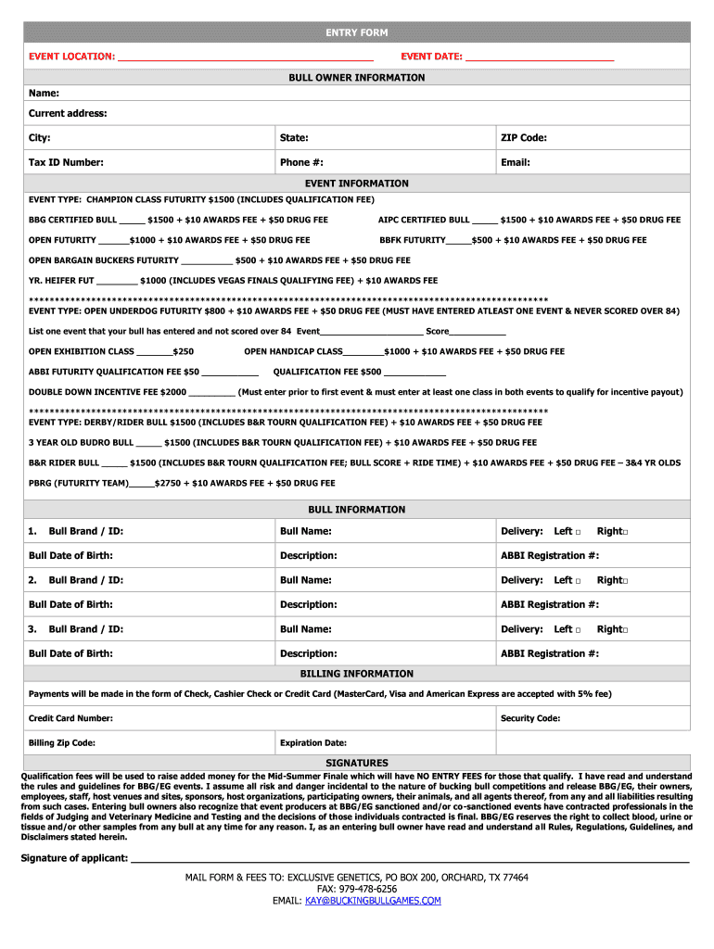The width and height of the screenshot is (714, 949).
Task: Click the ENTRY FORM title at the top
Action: (356, 33)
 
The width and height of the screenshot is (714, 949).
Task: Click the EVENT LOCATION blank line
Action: (245, 57)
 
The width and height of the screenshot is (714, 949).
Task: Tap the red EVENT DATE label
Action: (431, 57)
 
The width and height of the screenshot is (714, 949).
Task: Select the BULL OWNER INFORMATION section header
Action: (356, 78)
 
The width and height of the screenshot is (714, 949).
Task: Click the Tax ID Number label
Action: (66, 162)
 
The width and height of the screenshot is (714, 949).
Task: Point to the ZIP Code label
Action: (524, 138)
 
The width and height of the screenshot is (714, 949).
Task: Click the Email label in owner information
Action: (515, 162)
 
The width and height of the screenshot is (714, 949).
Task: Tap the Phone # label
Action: (301, 162)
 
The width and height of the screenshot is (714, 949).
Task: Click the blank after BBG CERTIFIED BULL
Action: (132, 221)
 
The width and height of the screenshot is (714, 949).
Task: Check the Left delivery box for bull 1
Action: (578, 532)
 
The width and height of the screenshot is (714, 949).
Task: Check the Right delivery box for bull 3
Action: (626, 630)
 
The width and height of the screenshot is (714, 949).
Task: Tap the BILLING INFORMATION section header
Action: (356, 674)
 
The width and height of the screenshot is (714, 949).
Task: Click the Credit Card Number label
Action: (70, 718)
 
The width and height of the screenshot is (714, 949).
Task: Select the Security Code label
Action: (530, 718)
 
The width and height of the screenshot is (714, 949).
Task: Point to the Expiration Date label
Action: (313, 742)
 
